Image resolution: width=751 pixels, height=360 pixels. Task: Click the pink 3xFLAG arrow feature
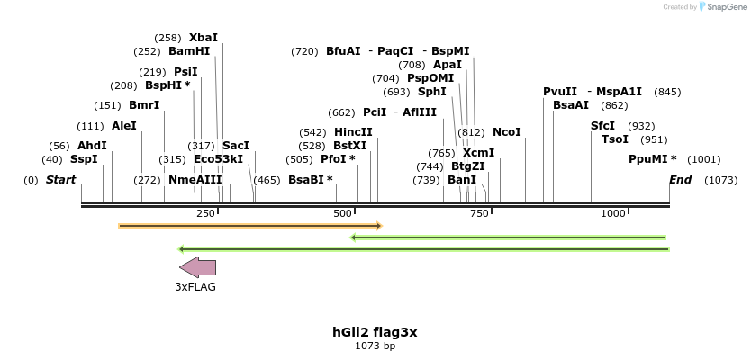[x=197, y=267]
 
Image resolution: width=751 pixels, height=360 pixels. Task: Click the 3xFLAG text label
[x=195, y=287]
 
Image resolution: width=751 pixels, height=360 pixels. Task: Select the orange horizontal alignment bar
[x=250, y=226]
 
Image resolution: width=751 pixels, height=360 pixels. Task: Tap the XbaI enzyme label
[x=203, y=38]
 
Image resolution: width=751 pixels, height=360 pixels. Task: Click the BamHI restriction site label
[x=189, y=51]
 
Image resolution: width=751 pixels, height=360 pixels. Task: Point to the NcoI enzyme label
[x=506, y=132]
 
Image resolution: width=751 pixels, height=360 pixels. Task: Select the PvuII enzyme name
[x=560, y=92]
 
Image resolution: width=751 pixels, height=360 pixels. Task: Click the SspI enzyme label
[x=84, y=159]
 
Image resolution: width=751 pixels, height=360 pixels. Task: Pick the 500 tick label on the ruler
[x=343, y=213]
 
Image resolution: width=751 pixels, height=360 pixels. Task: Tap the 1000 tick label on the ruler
[x=614, y=213]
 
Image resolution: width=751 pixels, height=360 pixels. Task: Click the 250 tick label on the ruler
[x=206, y=213]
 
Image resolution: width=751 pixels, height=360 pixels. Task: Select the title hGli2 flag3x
[x=375, y=332]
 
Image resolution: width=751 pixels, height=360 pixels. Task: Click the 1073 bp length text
[x=375, y=346]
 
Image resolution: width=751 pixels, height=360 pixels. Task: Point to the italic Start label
[x=60, y=180]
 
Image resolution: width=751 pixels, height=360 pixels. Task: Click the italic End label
[x=680, y=180]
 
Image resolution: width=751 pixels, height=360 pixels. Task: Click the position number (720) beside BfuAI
[x=304, y=51]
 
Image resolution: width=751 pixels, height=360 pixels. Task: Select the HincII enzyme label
[x=353, y=132]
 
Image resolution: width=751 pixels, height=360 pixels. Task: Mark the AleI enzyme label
[x=124, y=126]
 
